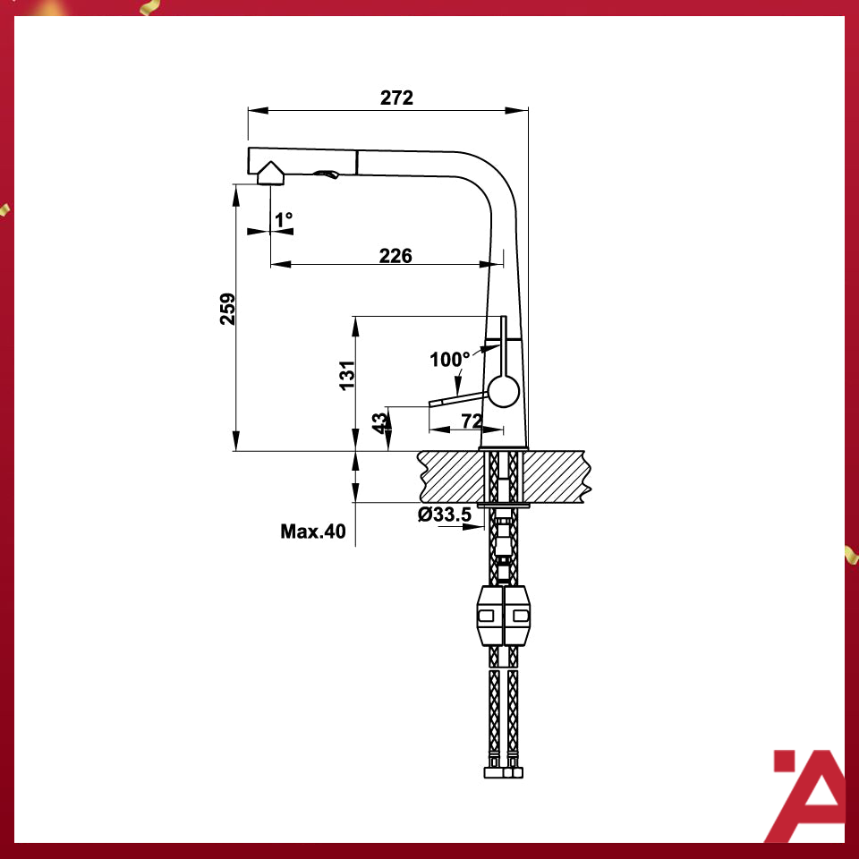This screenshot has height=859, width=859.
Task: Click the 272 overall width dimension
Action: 396,98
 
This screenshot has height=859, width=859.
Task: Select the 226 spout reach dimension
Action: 395,256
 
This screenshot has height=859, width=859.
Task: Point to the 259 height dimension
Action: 228,309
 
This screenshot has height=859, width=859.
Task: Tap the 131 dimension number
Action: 348,374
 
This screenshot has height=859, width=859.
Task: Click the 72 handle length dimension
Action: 472,421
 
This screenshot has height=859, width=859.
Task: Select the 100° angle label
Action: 449,361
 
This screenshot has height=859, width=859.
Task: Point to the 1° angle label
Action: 284,219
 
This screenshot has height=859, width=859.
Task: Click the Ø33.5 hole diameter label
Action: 445,515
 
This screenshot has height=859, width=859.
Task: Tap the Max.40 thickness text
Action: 312,532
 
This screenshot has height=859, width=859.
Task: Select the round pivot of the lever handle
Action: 503,392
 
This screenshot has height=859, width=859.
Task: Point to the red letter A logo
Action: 808,796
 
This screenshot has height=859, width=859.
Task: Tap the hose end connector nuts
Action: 503,771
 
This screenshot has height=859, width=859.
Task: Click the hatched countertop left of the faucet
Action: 451,475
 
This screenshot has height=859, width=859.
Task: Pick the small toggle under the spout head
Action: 328,174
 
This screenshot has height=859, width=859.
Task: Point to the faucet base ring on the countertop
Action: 504,447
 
